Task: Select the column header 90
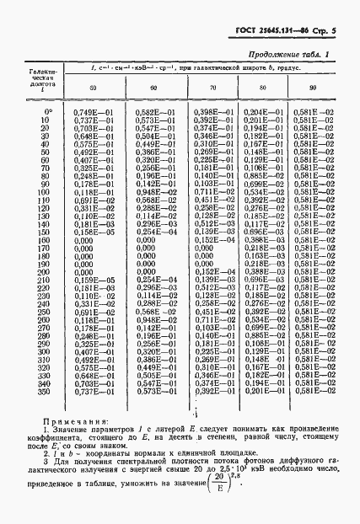(x=317, y=88)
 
